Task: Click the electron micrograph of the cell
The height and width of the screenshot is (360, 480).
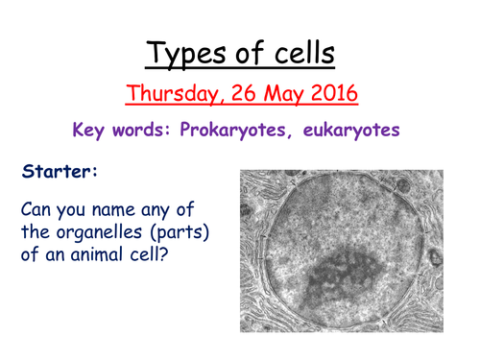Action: pyautogui.click(x=348, y=252)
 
